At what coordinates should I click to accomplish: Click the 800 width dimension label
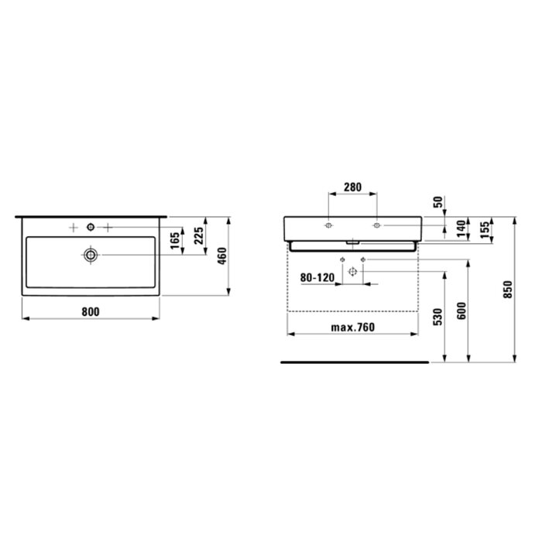tap(91, 312)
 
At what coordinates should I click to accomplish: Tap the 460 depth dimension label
tap(222, 256)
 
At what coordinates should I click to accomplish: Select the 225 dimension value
tap(199, 235)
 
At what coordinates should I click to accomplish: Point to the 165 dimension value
tap(175, 240)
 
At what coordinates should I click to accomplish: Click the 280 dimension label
tap(352, 187)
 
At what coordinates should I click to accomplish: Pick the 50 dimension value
tap(437, 202)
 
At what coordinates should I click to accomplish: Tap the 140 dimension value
tap(461, 229)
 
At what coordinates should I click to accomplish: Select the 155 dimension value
tap(485, 229)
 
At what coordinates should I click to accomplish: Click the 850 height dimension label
tap(508, 290)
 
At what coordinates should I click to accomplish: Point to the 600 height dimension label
tap(461, 310)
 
